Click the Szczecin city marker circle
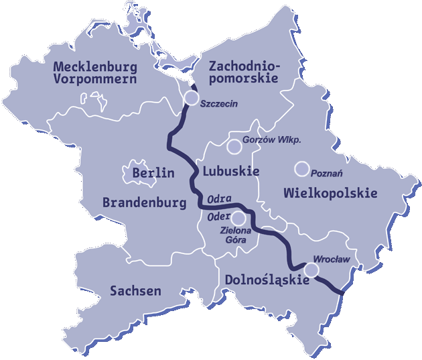click(x=191, y=99)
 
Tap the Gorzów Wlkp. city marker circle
click(x=234, y=146)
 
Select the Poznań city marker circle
click(x=302, y=168)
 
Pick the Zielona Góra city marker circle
click(x=238, y=218)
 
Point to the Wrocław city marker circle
click(x=311, y=269)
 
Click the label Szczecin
click(x=219, y=105)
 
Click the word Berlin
click(x=153, y=173)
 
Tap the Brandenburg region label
click(x=144, y=202)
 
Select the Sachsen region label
click(x=135, y=291)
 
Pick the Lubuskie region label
click(x=230, y=172)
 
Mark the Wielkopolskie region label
click(x=330, y=193)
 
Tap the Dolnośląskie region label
click(x=267, y=280)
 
